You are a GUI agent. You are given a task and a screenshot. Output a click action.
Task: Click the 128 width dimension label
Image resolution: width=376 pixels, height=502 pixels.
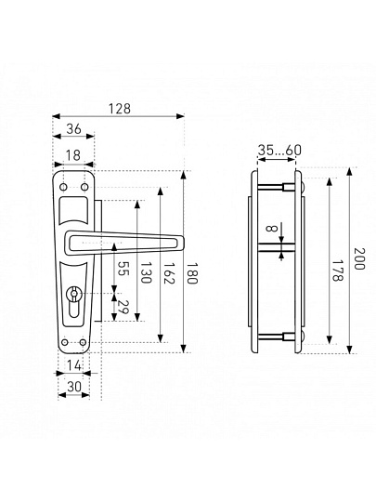[119, 109]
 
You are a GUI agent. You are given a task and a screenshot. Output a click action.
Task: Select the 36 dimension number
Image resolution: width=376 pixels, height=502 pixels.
[74, 129]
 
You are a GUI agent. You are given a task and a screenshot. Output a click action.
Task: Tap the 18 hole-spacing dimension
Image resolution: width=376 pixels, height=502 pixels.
[73, 155]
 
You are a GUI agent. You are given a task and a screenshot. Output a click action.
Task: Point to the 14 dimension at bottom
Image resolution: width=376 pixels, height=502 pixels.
[74, 365]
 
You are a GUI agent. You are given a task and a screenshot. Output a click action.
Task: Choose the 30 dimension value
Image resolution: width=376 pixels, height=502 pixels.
[74, 387]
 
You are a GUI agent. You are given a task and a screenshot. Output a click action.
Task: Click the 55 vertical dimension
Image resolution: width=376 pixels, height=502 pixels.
[123, 269]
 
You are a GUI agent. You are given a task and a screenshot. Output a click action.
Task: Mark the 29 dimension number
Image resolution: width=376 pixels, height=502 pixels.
[123, 308]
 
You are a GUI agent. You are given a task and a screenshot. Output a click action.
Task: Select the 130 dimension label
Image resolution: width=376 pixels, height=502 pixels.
[146, 272]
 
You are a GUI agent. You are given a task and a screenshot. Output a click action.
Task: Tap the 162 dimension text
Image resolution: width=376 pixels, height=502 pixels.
[168, 273]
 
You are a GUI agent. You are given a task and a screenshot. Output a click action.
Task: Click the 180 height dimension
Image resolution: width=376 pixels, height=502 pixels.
[192, 273]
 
